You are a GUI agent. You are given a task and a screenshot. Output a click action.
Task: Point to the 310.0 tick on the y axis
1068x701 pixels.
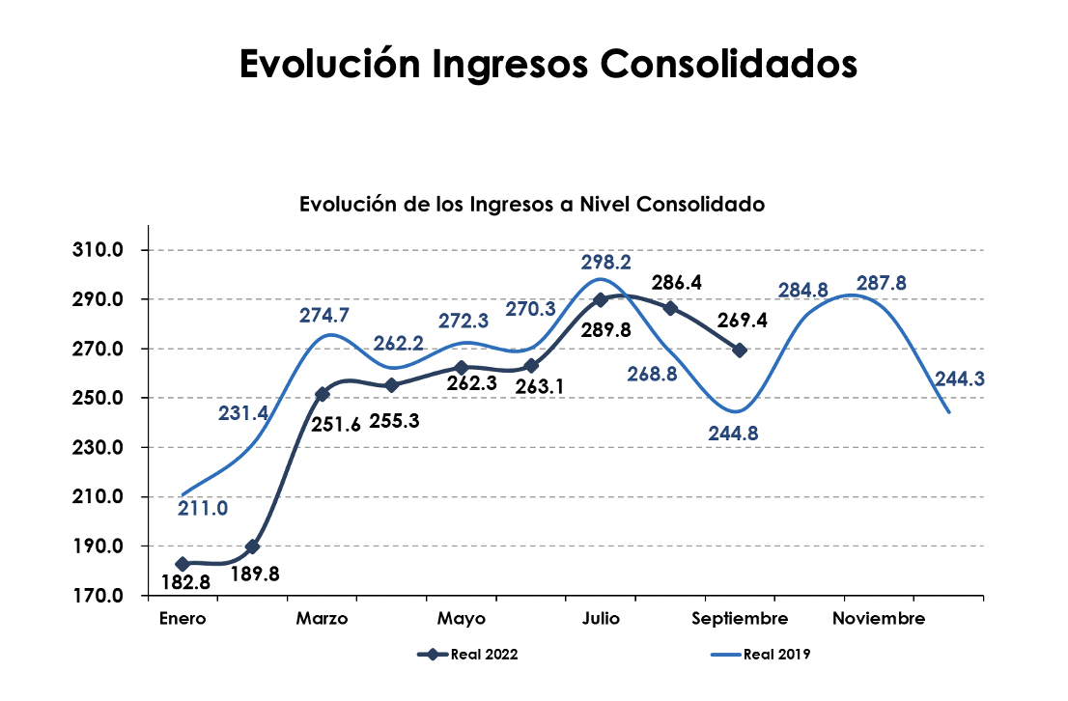click(97, 251)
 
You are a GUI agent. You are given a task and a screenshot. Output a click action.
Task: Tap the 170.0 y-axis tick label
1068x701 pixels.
click(97, 596)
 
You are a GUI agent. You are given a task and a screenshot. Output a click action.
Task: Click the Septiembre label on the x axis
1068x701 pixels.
click(741, 619)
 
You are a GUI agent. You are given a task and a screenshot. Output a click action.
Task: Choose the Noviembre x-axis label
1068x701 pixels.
click(879, 619)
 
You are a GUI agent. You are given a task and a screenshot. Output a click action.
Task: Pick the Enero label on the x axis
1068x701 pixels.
click(183, 619)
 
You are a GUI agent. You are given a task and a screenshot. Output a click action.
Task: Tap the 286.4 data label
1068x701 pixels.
click(676, 283)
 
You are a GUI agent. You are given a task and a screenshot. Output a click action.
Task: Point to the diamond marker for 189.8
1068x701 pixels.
click(253, 547)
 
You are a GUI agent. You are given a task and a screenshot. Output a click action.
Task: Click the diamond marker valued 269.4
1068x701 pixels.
click(740, 350)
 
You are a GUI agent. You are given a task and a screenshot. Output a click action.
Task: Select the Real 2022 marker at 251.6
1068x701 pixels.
click(323, 394)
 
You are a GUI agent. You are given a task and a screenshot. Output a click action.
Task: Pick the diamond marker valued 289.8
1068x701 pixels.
click(601, 300)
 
